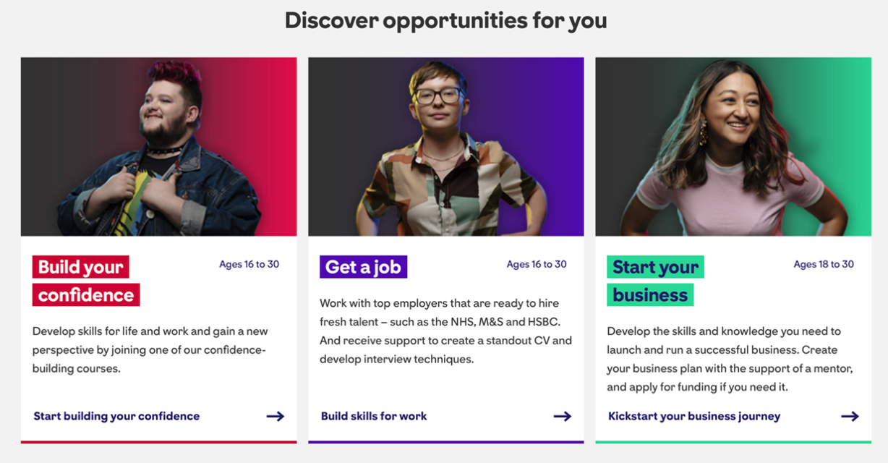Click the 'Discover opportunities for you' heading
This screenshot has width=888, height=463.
(x=445, y=21)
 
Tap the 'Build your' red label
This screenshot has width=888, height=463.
(x=81, y=267)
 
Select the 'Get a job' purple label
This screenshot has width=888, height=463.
(x=363, y=267)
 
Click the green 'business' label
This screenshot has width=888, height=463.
(x=650, y=294)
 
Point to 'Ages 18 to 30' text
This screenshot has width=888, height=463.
(x=824, y=264)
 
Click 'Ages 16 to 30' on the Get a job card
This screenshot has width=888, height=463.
(x=537, y=264)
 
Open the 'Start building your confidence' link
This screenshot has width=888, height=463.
(x=116, y=416)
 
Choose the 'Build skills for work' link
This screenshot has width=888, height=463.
(x=374, y=416)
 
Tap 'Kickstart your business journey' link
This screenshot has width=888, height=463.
(x=694, y=416)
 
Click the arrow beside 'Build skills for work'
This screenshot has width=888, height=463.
(x=563, y=416)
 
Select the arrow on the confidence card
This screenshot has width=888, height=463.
(x=276, y=416)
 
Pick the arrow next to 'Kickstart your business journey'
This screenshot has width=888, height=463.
(x=850, y=416)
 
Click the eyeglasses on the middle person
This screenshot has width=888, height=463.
(x=438, y=96)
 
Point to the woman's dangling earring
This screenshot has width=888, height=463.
(x=704, y=132)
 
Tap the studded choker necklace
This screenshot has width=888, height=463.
(x=165, y=150)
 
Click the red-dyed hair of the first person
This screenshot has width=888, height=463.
(x=174, y=73)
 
